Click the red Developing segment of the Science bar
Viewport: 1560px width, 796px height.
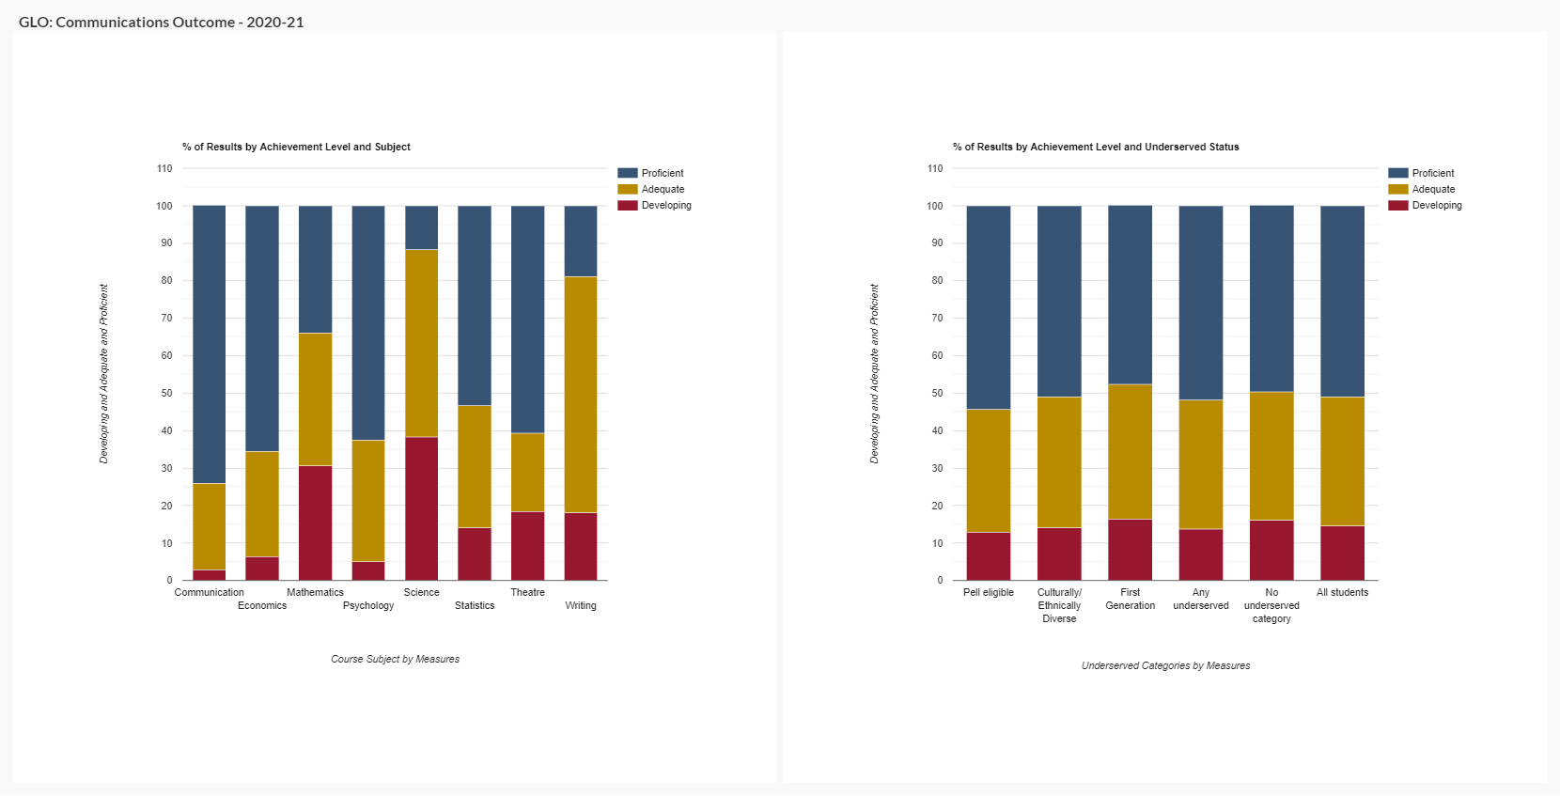(x=421, y=508)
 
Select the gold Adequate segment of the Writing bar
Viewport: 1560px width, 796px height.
(x=581, y=395)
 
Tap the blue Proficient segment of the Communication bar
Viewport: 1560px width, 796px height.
(x=209, y=344)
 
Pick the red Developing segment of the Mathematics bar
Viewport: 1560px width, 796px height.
(x=315, y=523)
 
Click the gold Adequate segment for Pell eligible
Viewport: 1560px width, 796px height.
(x=989, y=471)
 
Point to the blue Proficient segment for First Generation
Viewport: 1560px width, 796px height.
(x=1130, y=295)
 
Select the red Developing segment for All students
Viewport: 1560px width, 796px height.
(x=1342, y=553)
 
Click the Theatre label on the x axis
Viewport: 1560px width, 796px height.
(x=527, y=593)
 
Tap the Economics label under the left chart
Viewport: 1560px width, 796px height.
(x=262, y=606)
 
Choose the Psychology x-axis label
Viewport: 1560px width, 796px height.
(x=368, y=606)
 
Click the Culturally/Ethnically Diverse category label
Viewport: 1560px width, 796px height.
(x=1059, y=606)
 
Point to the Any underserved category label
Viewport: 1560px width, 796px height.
(x=1201, y=600)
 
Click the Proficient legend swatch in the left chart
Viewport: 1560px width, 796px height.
(x=628, y=173)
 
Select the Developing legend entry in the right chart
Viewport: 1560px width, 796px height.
(x=1436, y=206)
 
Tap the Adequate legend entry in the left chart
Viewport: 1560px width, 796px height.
(x=663, y=190)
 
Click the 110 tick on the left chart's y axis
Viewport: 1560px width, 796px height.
(x=165, y=169)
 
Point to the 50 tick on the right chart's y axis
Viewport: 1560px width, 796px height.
(x=935, y=394)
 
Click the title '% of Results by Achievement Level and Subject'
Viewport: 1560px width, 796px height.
(x=296, y=148)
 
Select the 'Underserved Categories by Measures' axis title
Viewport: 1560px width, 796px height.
(x=1165, y=666)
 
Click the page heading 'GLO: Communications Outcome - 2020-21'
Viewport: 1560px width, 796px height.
(x=162, y=22)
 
